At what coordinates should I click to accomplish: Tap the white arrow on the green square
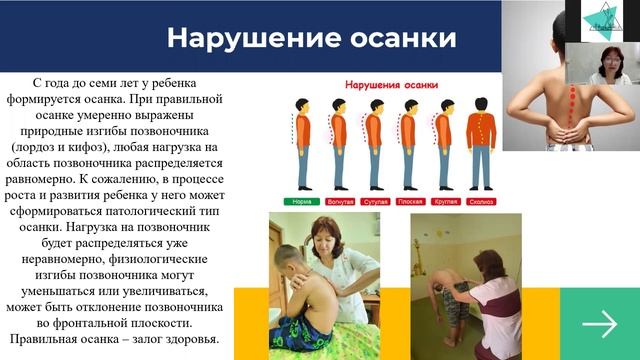pyautogui.click(x=599, y=323)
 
